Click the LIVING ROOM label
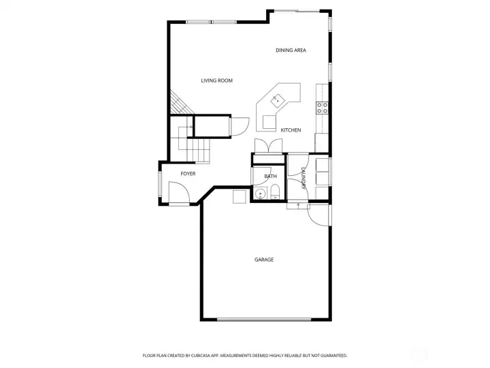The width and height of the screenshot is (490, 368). tap(216, 81)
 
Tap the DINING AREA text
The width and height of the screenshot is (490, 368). tap(291, 50)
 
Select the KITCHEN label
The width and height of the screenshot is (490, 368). tap(291, 130)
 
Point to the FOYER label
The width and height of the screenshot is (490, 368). tap(188, 174)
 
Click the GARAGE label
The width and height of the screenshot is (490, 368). tap(264, 260)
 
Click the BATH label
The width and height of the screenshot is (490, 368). tap(271, 177)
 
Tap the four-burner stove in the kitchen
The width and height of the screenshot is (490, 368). tap(322, 107)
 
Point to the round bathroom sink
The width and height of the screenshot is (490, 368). tap(259, 194)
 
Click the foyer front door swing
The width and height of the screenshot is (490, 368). tap(178, 196)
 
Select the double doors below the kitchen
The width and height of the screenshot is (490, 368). tap(268, 146)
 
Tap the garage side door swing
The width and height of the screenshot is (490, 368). tap(317, 215)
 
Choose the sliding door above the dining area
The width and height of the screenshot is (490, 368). tap(297, 11)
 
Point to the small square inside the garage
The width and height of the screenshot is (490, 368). tap(239, 196)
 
